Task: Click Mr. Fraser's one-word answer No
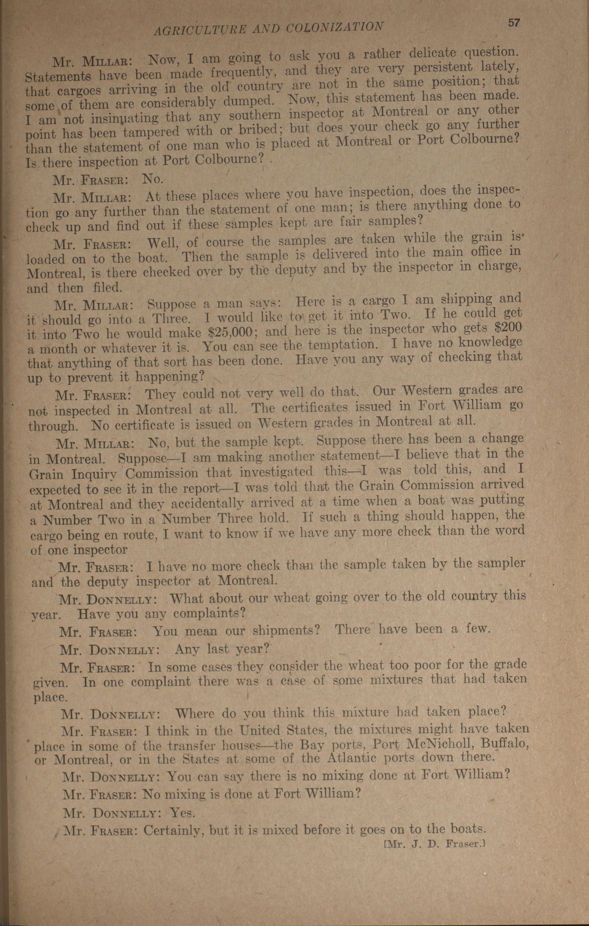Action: pos(153,179)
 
